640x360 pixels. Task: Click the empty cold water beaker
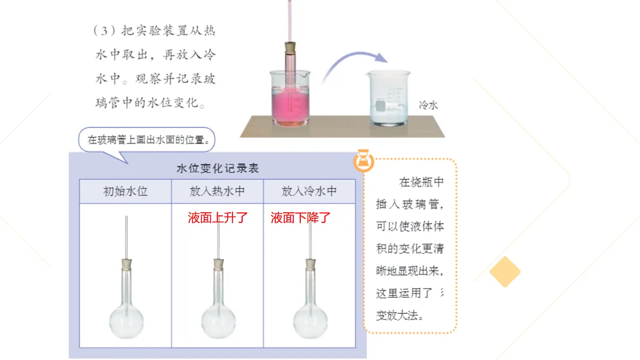pyautogui.click(x=389, y=98)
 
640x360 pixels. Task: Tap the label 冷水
pyautogui.click(x=428, y=106)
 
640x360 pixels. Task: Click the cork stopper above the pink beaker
pyautogui.click(x=290, y=47)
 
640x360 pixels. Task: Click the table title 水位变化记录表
pyautogui.click(x=218, y=169)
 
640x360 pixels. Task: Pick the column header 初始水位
pyautogui.click(x=125, y=191)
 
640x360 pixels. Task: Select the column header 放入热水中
pyautogui.click(x=217, y=191)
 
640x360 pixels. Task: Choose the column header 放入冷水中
pyautogui.click(x=309, y=191)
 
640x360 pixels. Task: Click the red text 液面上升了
pyautogui.click(x=218, y=218)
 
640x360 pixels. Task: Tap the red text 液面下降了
pyautogui.click(x=301, y=218)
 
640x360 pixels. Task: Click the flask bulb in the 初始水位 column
pyautogui.click(x=126, y=322)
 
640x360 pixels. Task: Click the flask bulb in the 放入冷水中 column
pyautogui.click(x=310, y=322)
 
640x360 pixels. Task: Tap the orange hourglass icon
pyautogui.click(x=363, y=161)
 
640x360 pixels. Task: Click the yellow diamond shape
pyautogui.click(x=505, y=271)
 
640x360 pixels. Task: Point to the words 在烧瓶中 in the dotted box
pyautogui.click(x=421, y=182)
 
